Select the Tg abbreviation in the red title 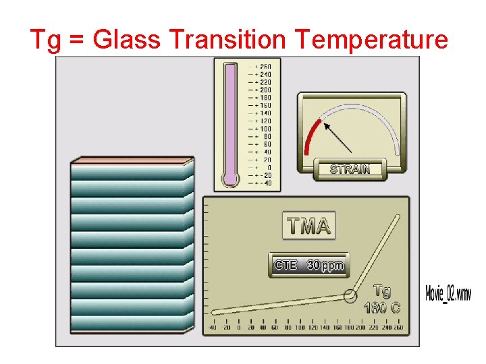[x=46, y=40]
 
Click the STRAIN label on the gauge [x=350, y=169]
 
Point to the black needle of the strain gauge [x=337, y=137]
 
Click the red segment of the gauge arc [x=311, y=138]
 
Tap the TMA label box [x=309, y=226]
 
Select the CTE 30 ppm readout [x=308, y=266]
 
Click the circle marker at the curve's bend [x=350, y=295]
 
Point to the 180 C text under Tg [x=382, y=308]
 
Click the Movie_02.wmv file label [x=448, y=293]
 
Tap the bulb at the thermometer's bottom [x=231, y=179]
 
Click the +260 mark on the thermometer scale [x=263, y=66]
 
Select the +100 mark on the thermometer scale [x=263, y=128]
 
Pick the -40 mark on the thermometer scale [x=263, y=183]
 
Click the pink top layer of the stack [x=132, y=161]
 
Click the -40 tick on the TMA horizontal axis [x=211, y=328]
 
